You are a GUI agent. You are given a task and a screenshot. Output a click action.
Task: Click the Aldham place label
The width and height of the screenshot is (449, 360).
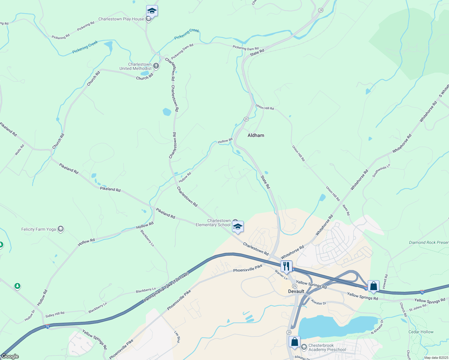pos(256,135)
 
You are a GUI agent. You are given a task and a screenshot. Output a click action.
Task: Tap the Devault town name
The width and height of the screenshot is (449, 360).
pos(296,291)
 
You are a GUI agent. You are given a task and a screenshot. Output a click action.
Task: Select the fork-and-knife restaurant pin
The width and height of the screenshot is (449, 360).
pos(286,266)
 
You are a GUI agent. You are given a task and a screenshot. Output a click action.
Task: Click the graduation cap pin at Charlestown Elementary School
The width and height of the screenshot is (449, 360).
pos(238,227)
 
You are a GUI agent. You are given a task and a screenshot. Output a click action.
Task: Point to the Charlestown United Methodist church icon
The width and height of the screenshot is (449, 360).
pos(156,66)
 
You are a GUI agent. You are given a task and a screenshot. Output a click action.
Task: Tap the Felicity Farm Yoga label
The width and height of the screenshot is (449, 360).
pos(39,229)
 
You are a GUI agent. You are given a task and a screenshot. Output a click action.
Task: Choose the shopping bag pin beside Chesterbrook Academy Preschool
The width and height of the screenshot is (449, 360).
pos(294,342)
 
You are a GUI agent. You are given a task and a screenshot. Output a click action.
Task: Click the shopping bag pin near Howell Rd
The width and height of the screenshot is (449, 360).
pos(373,286)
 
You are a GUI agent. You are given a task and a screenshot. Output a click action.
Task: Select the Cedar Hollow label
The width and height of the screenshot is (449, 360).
pos(421,332)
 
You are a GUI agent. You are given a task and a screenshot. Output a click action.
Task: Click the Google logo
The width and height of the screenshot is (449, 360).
pos(10,356)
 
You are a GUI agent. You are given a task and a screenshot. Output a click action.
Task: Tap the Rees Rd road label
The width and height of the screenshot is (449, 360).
pos(346,210)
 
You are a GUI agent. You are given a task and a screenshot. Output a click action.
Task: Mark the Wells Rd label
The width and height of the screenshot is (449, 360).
pos(20,150)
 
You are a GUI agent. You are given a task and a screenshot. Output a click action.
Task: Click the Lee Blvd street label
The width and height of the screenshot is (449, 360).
pos(177,337)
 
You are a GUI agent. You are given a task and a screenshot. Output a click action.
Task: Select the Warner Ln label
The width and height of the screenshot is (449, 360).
pos(281,274)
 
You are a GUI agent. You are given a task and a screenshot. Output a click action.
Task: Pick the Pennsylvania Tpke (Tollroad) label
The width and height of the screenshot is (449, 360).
pos(166,287)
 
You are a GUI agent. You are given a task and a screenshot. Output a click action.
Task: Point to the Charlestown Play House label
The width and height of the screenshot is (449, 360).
pos(121,19)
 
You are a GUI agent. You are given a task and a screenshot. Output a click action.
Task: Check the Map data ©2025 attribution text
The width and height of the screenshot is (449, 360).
pos(436,358)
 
